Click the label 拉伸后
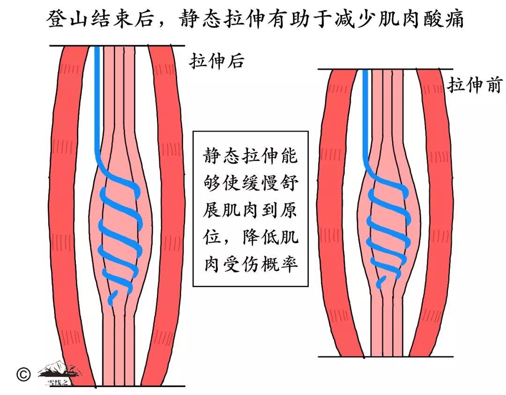click(x=216, y=61)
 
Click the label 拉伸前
click(x=475, y=85)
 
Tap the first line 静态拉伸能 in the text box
click(x=250, y=156)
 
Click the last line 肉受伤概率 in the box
click(x=250, y=265)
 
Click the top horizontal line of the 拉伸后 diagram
click(x=117, y=46)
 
